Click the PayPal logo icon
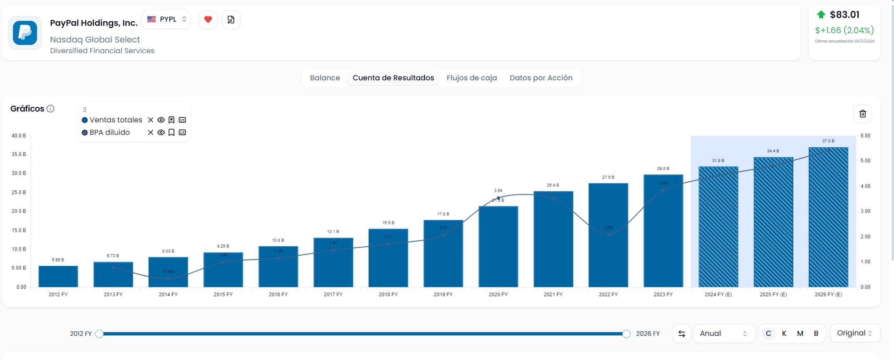point(25,33)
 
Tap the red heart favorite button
point(208,20)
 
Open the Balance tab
point(325,78)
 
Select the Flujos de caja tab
point(472,78)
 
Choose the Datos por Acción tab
point(541,78)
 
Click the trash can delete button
point(863,114)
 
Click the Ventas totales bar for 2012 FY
point(58,276)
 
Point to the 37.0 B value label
point(828,141)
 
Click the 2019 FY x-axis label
point(443,295)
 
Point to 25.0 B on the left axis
point(19,192)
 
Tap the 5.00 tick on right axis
point(865,161)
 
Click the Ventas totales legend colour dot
point(85,120)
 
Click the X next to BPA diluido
point(151,133)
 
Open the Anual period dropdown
point(724,333)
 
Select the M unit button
point(800,333)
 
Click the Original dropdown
point(854,333)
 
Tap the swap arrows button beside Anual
point(682,333)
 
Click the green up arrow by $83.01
point(821,15)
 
